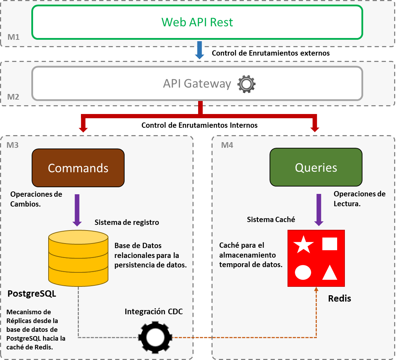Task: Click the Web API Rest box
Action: (x=197, y=22)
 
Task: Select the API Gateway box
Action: (x=197, y=83)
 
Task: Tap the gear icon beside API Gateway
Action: (x=246, y=84)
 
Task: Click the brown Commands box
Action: (x=78, y=168)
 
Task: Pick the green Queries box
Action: (x=316, y=167)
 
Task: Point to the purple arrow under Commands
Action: (x=77, y=209)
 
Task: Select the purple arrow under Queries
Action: (x=318, y=209)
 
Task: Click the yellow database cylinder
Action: (x=78, y=258)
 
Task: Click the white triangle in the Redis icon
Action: (x=330, y=272)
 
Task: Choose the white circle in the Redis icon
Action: (x=303, y=272)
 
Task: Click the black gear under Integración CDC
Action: (x=155, y=337)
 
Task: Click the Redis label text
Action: (x=340, y=298)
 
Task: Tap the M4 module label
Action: (x=227, y=145)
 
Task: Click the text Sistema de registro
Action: (x=127, y=222)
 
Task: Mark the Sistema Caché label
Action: (x=271, y=220)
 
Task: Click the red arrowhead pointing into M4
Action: (x=315, y=129)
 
